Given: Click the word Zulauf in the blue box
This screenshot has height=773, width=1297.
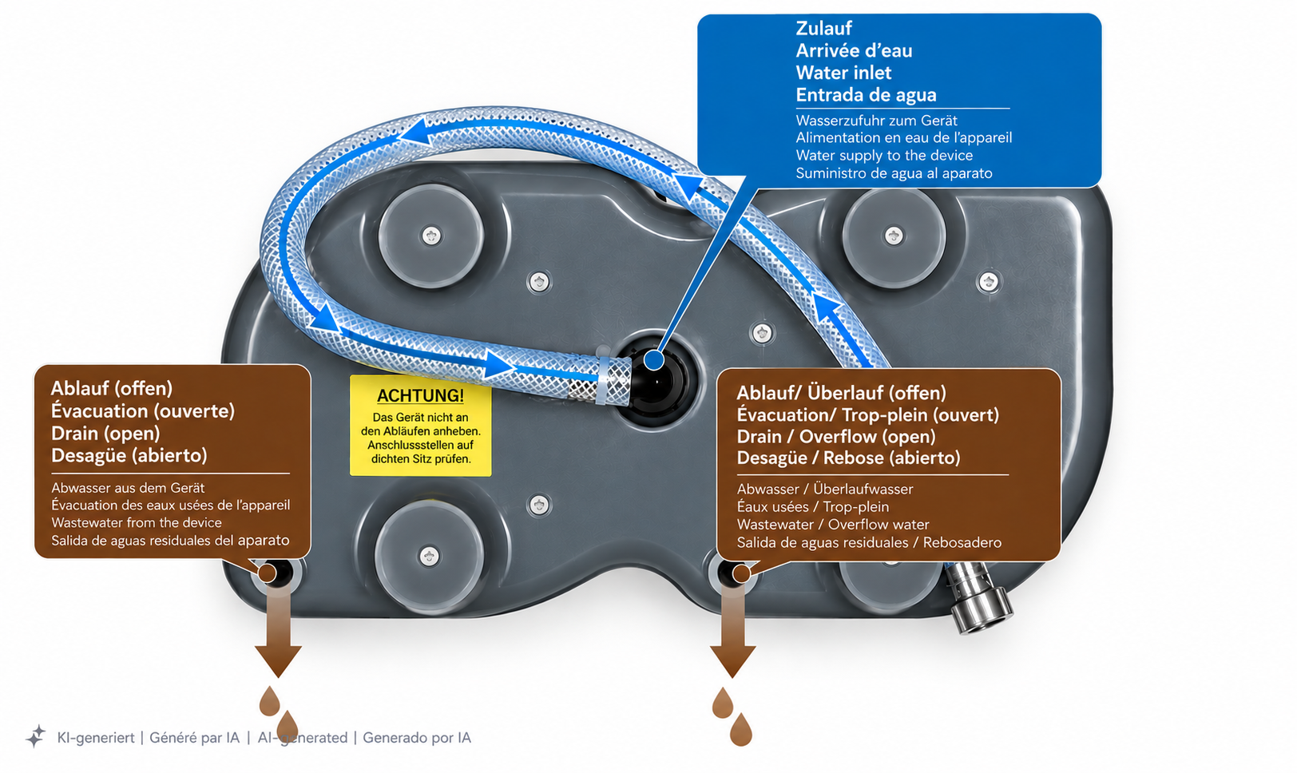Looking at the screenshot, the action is point(823,29).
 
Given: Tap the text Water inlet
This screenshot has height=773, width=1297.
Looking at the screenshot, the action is point(843,73).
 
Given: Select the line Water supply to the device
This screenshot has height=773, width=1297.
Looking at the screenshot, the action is point(883,155).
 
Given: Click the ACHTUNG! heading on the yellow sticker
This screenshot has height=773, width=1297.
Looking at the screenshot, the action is point(420,395).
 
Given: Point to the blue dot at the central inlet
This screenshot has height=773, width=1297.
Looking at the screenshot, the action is point(654,360).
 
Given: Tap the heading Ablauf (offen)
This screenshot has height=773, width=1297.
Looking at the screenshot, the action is point(112,388).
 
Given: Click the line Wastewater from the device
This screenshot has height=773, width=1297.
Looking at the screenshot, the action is point(137,523).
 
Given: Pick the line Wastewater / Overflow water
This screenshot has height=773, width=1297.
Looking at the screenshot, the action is point(833,525).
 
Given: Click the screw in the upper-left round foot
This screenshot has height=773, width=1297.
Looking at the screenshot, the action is point(431,236).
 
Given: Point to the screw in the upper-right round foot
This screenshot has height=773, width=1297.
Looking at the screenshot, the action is point(894,236).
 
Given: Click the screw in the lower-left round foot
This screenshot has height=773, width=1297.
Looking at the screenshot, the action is point(429,557).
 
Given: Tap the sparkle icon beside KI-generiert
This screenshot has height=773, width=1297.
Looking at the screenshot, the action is point(35,736).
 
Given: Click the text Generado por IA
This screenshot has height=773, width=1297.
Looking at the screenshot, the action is point(417,738).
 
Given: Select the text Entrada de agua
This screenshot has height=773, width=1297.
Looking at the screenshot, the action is point(866,95).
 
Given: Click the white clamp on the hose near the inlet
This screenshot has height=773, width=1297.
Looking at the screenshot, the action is point(603,379).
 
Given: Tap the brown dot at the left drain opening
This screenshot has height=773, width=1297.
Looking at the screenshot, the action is point(267,573).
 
